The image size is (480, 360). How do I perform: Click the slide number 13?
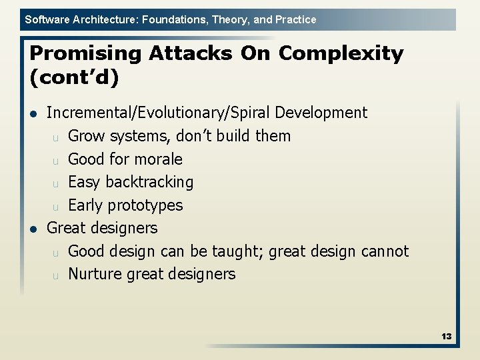(446, 336)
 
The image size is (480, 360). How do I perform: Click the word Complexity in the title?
(341, 53)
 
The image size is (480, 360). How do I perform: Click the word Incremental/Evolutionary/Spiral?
(159, 113)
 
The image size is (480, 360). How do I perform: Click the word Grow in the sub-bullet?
(87, 136)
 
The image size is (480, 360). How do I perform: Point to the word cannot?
(385, 251)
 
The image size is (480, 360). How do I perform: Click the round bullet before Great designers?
(33, 229)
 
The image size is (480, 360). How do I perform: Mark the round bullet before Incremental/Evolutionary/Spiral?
(33, 113)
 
